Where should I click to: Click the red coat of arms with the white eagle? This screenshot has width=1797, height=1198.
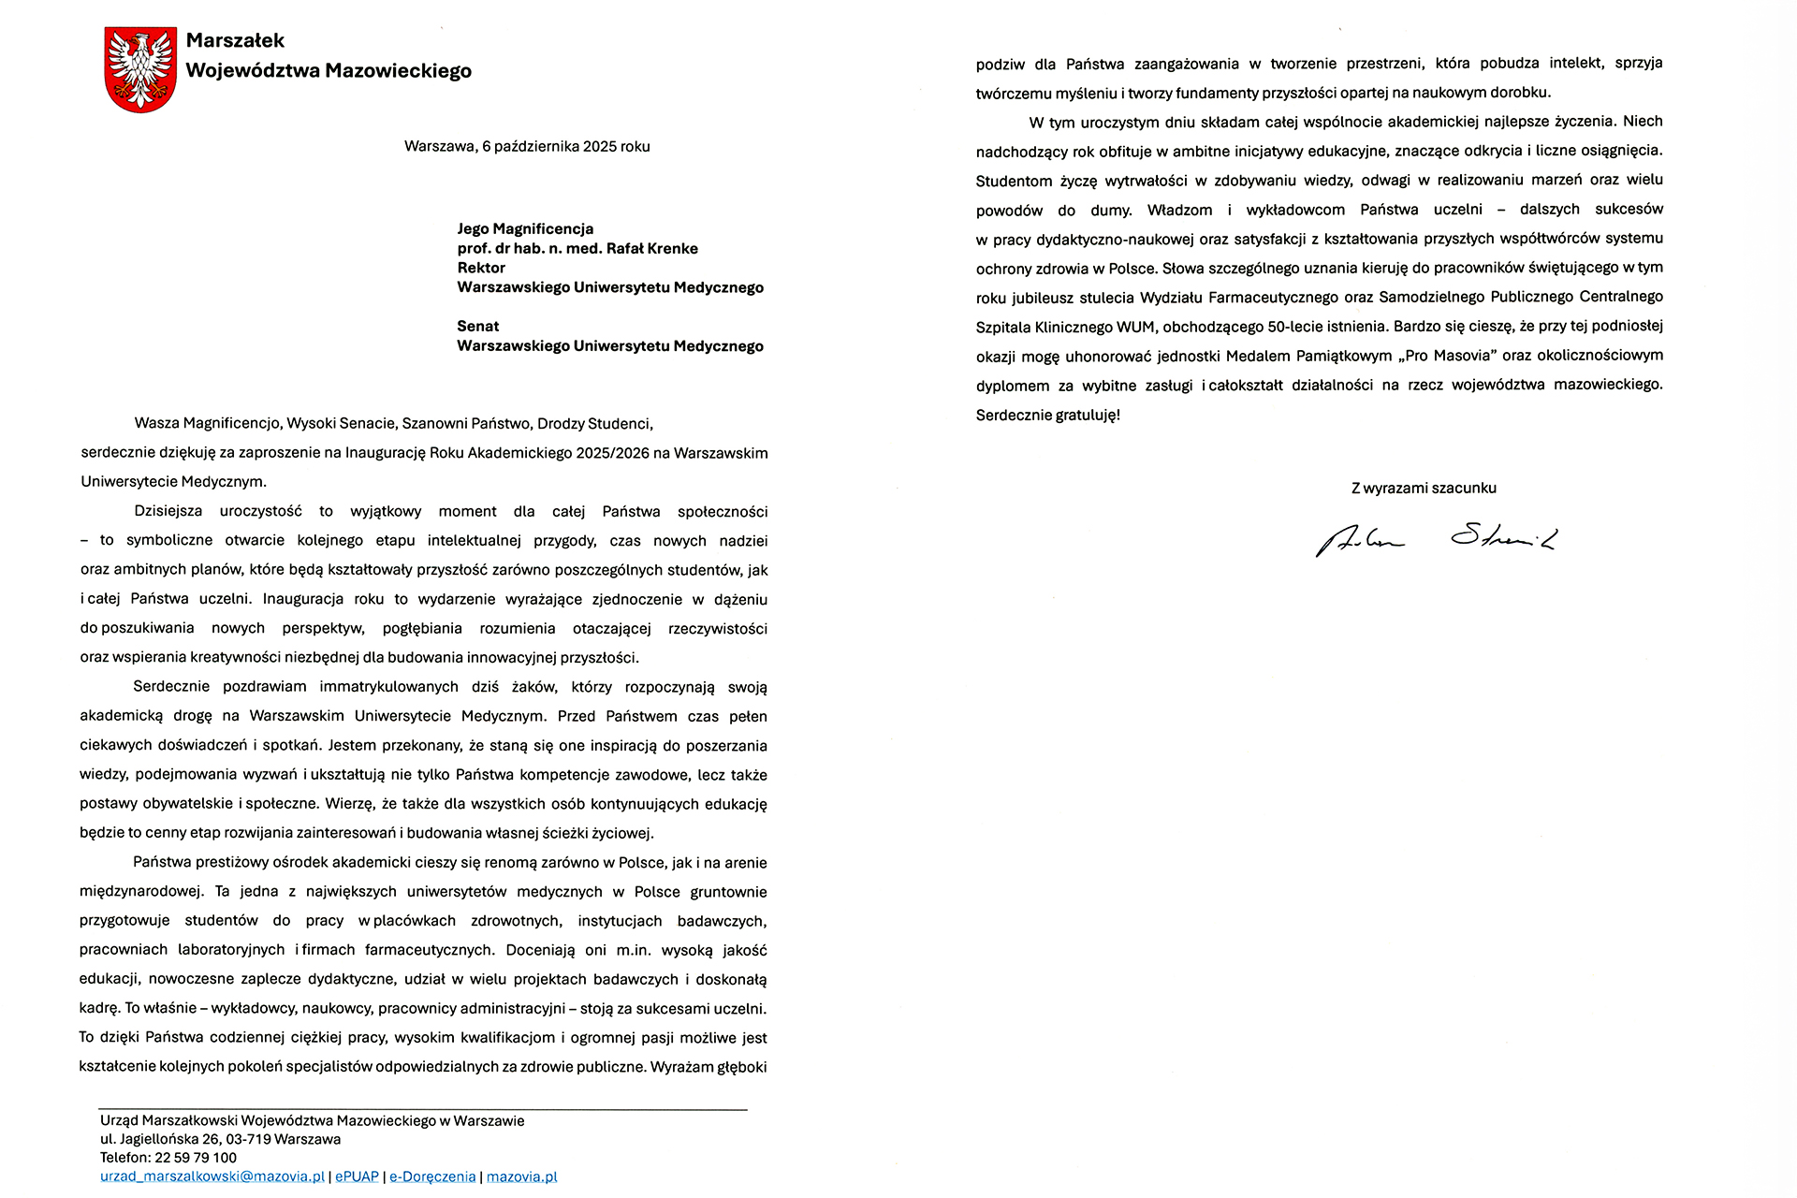(x=140, y=69)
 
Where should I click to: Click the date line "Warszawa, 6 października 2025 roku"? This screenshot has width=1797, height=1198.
(x=527, y=147)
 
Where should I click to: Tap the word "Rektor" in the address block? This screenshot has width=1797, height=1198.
(x=481, y=269)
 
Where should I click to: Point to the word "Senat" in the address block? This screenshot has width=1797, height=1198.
(x=478, y=327)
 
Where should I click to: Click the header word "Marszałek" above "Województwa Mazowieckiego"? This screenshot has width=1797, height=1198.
(x=235, y=40)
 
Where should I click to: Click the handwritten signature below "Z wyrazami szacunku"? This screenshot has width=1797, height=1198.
(x=1435, y=540)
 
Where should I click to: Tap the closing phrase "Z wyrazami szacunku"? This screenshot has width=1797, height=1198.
(x=1424, y=489)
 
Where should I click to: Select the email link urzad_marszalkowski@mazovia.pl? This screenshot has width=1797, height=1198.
(x=212, y=1177)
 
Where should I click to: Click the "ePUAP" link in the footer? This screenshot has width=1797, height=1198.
(x=357, y=1177)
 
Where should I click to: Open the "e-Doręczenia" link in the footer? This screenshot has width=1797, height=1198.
(x=432, y=1177)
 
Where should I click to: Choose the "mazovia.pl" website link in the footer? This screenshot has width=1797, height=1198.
(x=521, y=1177)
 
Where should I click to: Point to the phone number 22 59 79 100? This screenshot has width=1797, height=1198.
(x=196, y=1158)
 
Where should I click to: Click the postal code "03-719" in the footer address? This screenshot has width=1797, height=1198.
(x=245, y=1140)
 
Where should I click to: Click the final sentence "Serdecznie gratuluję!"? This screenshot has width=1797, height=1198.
(x=1047, y=416)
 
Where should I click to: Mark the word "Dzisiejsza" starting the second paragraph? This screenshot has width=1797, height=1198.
(x=168, y=512)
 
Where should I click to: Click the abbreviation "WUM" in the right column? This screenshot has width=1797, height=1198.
(x=1135, y=328)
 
